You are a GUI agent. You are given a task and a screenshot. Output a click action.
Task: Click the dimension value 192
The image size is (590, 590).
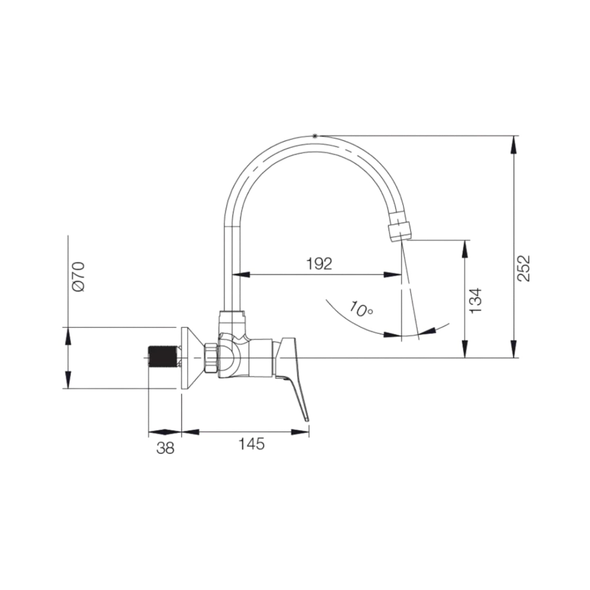pyautogui.click(x=319, y=264)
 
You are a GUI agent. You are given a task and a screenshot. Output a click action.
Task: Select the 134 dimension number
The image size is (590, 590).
pyautogui.click(x=475, y=301)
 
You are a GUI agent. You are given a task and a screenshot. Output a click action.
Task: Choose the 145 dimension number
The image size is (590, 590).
pyautogui.click(x=252, y=444)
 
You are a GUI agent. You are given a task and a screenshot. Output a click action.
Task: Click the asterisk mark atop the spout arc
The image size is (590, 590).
pyautogui.click(x=314, y=136)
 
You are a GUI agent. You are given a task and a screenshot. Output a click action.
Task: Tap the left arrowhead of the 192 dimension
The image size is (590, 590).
pyautogui.click(x=241, y=275)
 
